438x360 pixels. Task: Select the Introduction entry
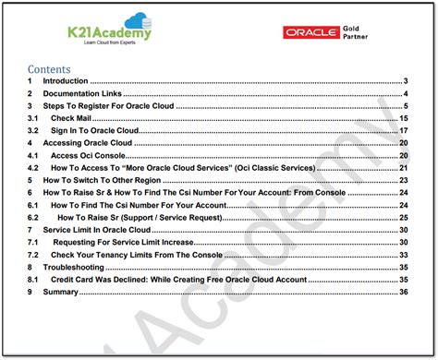[x=71, y=82]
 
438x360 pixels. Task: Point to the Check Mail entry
[x=73, y=119]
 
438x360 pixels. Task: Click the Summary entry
[x=64, y=292]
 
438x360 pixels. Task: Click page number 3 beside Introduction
[x=407, y=82]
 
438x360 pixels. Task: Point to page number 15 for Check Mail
[x=404, y=119]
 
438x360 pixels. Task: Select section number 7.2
[x=33, y=254]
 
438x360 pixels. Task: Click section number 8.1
[x=33, y=279]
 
